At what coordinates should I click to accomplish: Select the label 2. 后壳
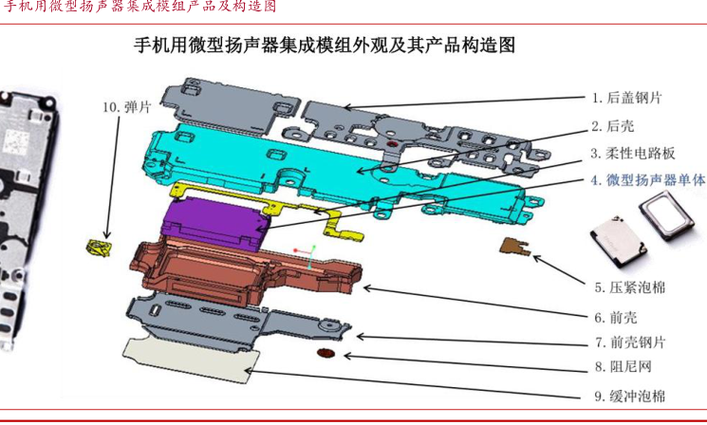click(614, 125)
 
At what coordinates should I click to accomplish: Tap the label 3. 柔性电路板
click(633, 153)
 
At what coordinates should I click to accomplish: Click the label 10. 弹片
click(126, 107)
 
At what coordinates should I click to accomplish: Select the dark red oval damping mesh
click(326, 355)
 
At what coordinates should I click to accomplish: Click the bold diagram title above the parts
click(323, 45)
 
